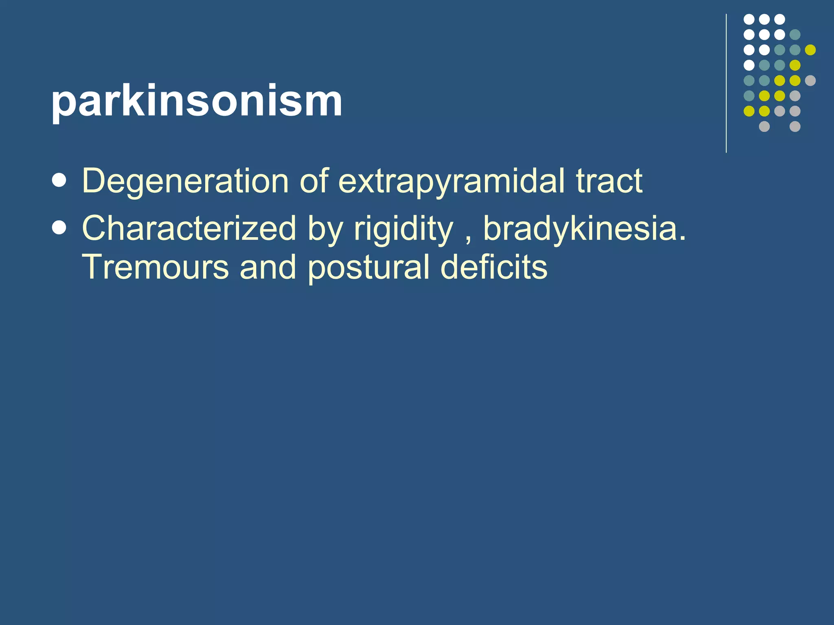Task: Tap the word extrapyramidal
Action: (451, 181)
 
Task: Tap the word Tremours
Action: (156, 267)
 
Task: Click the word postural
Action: (369, 268)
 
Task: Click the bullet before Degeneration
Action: (59, 180)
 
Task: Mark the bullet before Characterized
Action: (59, 228)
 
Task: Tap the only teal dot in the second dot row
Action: (795, 35)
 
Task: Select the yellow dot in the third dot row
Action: (810, 50)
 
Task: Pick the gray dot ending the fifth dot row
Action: (810, 81)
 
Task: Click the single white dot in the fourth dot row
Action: (749, 65)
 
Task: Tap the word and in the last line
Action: (268, 267)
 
